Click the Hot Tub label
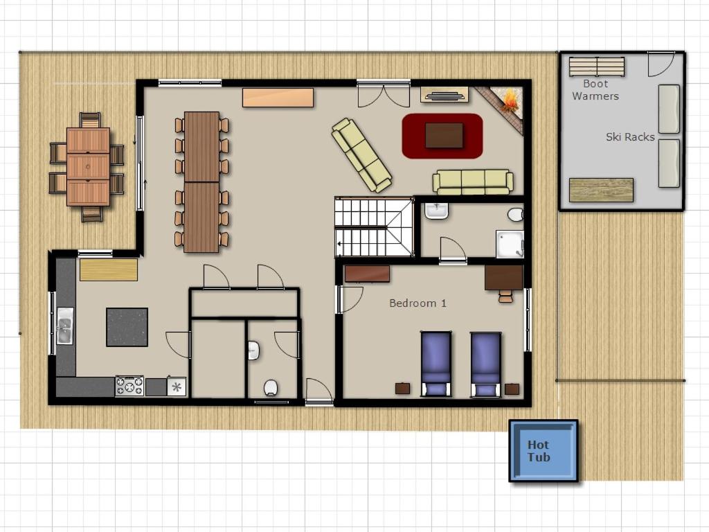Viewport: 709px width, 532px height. point(539,451)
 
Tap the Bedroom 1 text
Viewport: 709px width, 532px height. point(418,303)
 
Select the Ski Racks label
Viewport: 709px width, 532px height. point(630,136)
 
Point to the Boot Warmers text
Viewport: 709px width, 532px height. point(595,89)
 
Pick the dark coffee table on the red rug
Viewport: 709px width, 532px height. point(444,135)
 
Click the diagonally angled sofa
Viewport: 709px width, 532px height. point(361,155)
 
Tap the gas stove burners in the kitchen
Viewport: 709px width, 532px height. point(129,386)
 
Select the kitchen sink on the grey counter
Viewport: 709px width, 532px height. point(64,326)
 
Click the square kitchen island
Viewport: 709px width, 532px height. point(127,327)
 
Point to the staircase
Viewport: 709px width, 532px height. point(374,227)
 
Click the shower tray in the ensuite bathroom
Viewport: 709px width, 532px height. point(510,244)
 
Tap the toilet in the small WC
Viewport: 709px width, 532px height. point(271,388)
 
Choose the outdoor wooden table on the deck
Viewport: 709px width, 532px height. point(88,166)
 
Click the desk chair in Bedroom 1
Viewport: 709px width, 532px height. point(506,296)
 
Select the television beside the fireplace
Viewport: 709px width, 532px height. point(445,96)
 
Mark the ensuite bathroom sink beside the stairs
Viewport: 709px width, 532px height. point(436,211)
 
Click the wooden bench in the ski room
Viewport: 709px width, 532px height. point(601,190)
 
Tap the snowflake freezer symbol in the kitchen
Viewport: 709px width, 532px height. point(177,387)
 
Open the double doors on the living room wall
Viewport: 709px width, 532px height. point(384,94)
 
